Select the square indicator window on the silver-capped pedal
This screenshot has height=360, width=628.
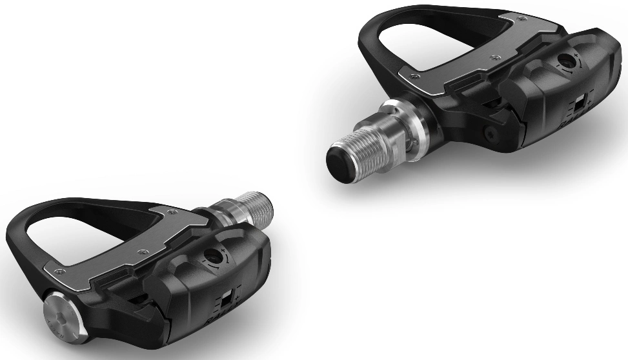pos(225,299)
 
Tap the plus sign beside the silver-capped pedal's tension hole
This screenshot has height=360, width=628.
pos(221,248)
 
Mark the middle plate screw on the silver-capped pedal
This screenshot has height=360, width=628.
pos(137,247)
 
